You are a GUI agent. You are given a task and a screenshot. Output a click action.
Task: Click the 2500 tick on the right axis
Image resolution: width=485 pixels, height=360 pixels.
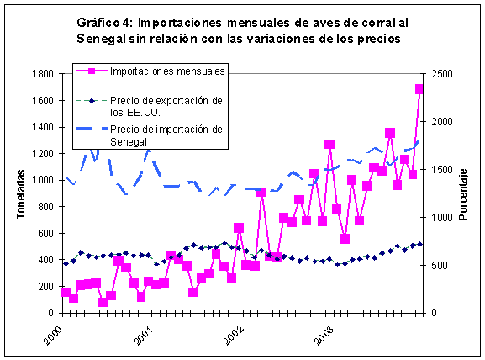(x=440, y=74)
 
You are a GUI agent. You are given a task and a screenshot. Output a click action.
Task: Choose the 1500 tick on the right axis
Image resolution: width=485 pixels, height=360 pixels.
(x=440, y=170)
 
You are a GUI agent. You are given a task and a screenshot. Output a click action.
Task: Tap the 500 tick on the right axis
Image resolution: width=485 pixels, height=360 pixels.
(x=437, y=265)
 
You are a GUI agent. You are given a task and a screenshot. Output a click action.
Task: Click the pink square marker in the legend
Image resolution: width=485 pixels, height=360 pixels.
(x=97, y=71)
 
